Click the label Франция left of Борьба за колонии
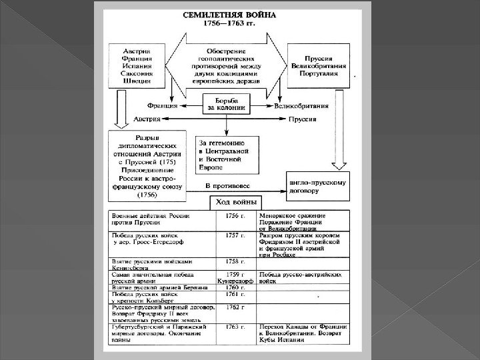pos(161,105)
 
